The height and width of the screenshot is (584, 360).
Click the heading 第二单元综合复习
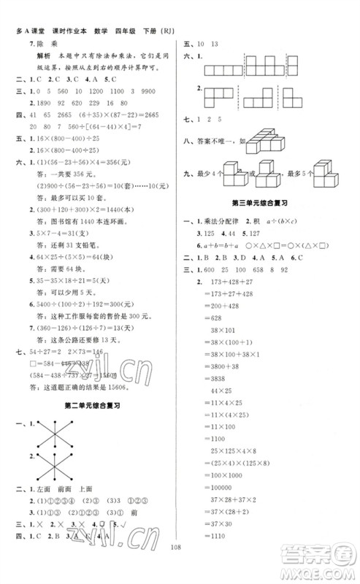pos(93,404)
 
